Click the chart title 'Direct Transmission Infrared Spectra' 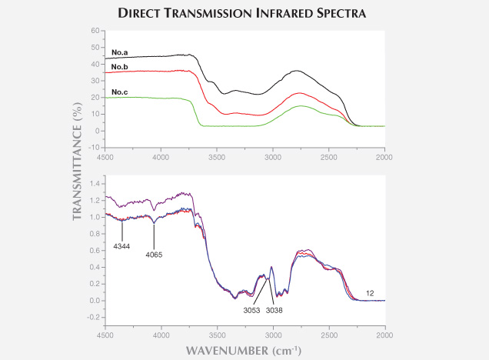point(244,13)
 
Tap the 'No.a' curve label point(119,52)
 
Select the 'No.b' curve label point(119,68)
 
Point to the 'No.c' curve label point(119,92)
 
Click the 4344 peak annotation point(122,245)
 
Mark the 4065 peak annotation point(154,253)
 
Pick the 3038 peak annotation point(274,311)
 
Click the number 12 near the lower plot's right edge point(371,292)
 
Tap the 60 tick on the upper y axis point(95,31)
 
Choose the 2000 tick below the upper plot point(384,157)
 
